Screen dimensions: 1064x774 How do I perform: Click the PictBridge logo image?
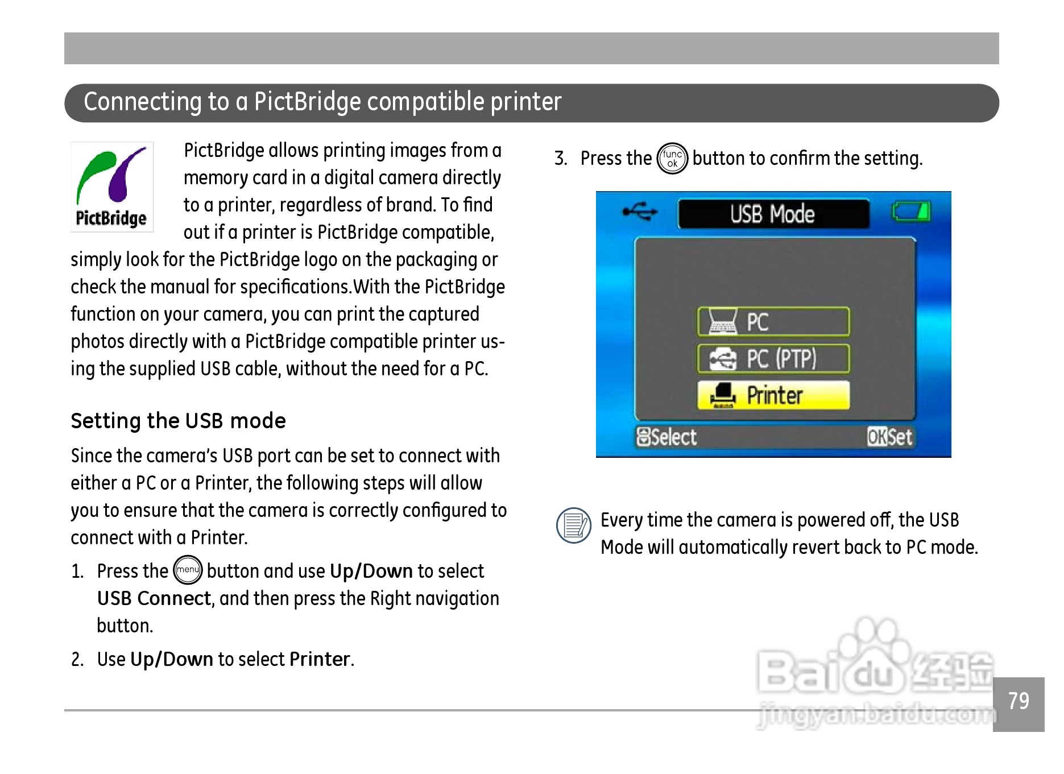pos(112,187)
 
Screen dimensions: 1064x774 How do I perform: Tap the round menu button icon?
pos(188,570)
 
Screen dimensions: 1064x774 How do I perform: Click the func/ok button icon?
pos(672,158)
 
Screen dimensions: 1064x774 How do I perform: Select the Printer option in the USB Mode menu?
pos(773,395)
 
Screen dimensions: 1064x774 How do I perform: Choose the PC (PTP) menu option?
pos(773,358)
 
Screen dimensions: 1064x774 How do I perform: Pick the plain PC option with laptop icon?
pos(773,322)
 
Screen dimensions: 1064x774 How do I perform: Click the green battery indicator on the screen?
pos(910,212)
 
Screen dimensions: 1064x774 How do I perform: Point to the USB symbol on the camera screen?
pos(640,212)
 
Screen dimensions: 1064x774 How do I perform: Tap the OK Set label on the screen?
pos(889,437)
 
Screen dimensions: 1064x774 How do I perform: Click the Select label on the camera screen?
pos(666,437)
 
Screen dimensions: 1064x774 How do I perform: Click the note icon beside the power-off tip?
pos(574,525)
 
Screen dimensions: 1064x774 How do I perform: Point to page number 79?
pos(1019,701)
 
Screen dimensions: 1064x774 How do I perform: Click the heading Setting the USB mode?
pos(178,421)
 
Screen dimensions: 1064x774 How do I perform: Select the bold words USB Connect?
pos(154,598)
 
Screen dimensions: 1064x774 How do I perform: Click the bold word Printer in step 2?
pos(320,659)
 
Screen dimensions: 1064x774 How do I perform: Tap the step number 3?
pos(561,158)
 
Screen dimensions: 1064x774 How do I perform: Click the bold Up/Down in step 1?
pos(371,571)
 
